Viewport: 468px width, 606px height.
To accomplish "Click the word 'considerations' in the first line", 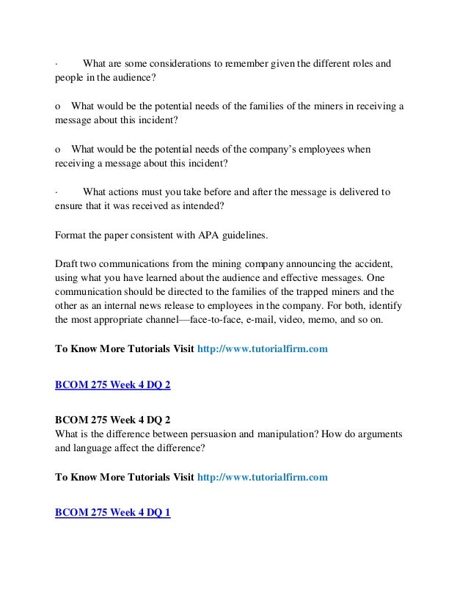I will tap(180, 65).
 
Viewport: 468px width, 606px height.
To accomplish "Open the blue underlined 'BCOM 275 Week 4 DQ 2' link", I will tap(112, 384).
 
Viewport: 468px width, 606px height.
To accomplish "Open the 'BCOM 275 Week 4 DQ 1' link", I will tap(112, 513).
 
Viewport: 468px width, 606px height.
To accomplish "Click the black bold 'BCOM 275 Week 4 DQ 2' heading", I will tap(112, 420).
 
